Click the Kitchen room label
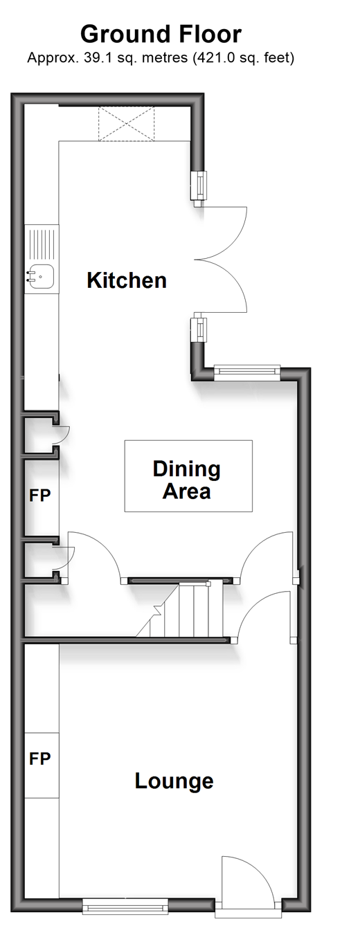click(127, 280)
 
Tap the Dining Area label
click(186, 480)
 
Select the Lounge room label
click(174, 781)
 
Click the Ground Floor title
click(161, 35)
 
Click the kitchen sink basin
click(41, 276)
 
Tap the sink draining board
click(42, 244)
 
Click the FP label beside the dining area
click(39, 495)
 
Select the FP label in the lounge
click(39, 758)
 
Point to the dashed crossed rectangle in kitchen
click(126, 124)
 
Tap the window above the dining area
click(247, 373)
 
